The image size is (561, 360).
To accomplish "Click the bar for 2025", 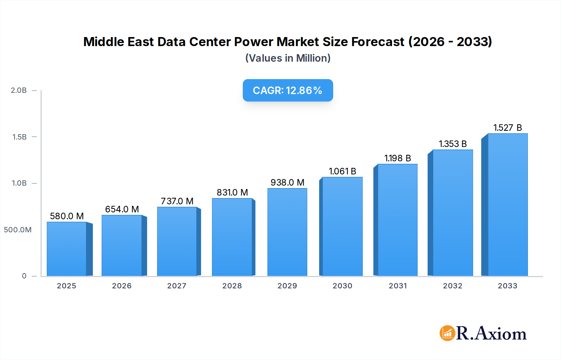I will coord(66,249).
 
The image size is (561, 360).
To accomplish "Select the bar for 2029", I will coord(287,232).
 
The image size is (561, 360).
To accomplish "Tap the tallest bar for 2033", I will coord(508,205).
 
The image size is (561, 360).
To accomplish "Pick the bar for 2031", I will coord(397,220).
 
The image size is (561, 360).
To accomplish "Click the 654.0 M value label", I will coord(122,209).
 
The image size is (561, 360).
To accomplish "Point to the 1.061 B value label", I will coord(342,171).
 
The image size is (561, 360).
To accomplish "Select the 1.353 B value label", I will coord(453,144).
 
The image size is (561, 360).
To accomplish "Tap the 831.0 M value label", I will coord(232,192).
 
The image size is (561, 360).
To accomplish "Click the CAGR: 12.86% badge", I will coord(288,90).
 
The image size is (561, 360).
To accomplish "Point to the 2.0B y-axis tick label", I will coord(19,90).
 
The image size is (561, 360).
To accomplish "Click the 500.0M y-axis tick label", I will coord(18,230).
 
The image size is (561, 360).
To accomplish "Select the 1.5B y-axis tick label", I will coord(19,137).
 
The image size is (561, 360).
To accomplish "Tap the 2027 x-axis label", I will coord(177,286).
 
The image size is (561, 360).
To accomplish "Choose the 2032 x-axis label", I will coord(453,286).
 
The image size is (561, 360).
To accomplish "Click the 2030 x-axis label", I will coord(342,286).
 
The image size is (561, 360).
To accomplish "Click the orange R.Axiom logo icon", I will coord(447,333).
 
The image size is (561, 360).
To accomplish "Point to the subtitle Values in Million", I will coord(288,58).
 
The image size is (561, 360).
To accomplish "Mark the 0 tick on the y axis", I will coord(24,276).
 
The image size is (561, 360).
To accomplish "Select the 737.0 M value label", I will coord(177,201).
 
